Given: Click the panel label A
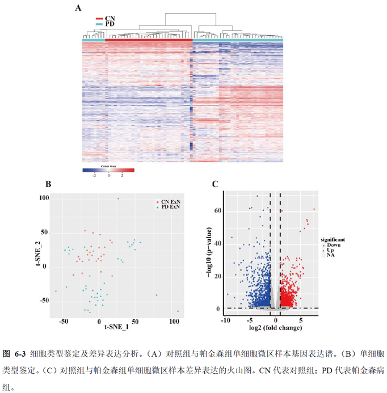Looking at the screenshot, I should coord(78,7).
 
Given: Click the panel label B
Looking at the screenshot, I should coord(49,184).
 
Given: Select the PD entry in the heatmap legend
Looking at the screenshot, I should coord(110,24).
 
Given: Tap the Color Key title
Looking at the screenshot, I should coord(108,166).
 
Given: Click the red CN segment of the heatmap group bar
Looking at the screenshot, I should coord(149,40).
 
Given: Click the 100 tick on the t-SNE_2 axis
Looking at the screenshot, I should coord(44,198).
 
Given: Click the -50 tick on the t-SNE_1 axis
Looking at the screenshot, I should coord(63,321).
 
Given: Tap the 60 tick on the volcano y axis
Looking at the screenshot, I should coord(217,211).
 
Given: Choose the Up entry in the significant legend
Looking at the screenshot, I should coord(331,250).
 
